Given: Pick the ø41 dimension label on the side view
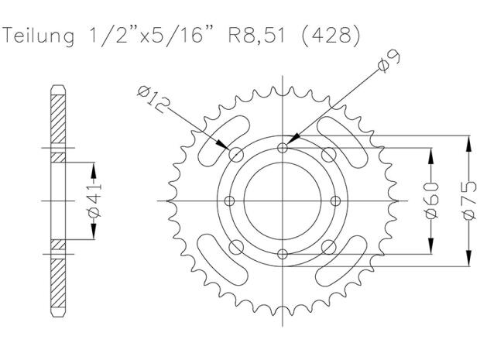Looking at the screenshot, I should point(94,201).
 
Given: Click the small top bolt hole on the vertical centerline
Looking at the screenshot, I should point(283,146).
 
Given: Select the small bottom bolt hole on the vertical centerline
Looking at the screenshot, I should point(283,254).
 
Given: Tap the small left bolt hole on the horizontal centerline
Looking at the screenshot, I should point(228,200).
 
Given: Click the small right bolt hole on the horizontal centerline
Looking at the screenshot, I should point(336,200).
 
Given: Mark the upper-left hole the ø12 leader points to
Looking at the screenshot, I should point(236,153).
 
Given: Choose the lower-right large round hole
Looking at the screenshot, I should point(329,247).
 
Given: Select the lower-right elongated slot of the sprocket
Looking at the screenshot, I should point(348,259).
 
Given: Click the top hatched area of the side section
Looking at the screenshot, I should point(59,116).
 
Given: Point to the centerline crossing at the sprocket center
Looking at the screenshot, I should point(283,200).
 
